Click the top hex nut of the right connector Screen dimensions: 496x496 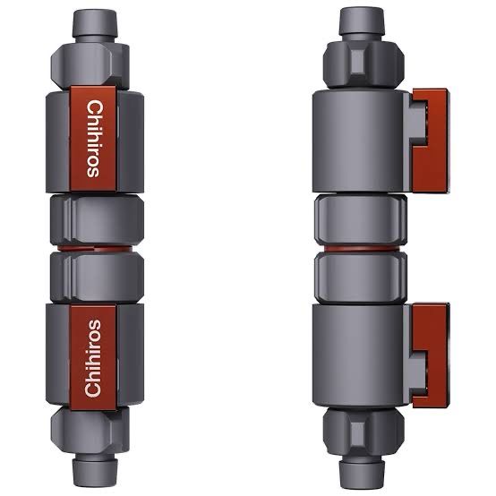coord(363,61)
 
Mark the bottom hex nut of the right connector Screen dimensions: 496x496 coord(363,425)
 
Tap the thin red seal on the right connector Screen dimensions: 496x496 coord(363,244)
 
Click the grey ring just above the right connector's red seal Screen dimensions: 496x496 coord(363,218)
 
